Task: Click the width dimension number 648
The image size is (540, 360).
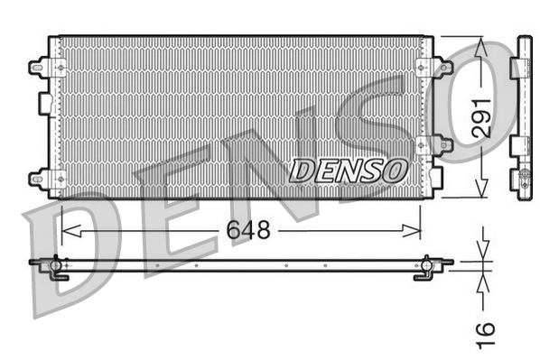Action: [248, 230]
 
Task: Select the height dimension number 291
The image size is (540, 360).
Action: [484, 115]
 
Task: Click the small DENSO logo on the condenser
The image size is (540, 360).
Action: [349, 168]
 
